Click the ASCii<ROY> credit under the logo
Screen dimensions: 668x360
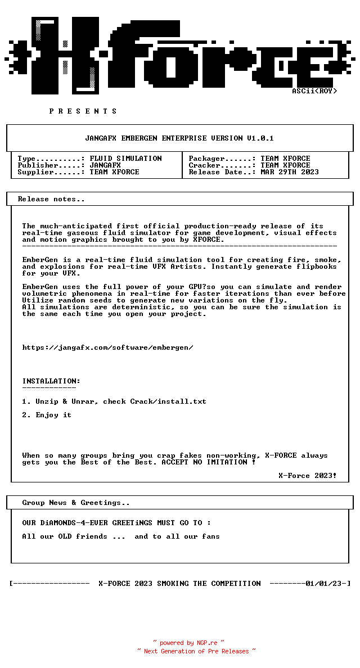coord(314,91)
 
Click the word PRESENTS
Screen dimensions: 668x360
coord(83,111)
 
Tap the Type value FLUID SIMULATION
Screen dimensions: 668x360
coord(125,159)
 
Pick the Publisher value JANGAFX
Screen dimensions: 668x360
coord(105,165)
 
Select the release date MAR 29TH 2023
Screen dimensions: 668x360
coord(290,172)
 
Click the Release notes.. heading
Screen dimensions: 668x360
coord(51,199)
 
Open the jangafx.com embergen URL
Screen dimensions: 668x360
coord(107,347)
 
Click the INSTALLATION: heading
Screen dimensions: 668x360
coord(51,381)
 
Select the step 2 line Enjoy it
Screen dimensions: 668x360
coord(53,415)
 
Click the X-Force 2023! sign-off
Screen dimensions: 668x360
coord(308,476)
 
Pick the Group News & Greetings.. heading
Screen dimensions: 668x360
coord(76,503)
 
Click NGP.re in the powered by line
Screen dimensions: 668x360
coord(206,643)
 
